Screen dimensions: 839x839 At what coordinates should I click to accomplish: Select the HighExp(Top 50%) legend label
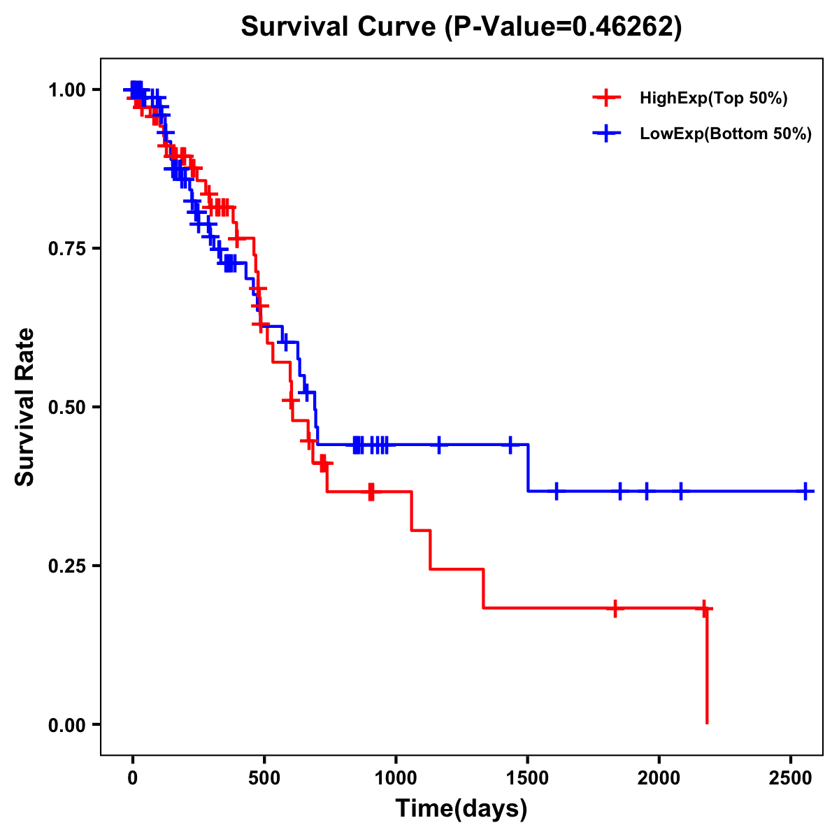(713, 99)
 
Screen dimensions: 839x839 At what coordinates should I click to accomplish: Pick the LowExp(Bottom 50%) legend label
(726, 134)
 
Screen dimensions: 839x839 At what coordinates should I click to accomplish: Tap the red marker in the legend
(607, 98)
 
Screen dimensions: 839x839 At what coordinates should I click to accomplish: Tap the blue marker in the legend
(607, 133)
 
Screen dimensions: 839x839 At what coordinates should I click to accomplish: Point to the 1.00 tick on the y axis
(67, 89)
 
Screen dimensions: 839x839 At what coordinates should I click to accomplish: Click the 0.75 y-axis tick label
(67, 248)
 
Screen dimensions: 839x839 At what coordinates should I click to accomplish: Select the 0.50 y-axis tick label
(67, 407)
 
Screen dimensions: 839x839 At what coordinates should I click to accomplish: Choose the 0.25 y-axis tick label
(67, 566)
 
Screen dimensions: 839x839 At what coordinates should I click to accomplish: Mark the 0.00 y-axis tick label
(67, 724)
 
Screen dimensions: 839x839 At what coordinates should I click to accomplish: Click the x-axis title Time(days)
(461, 809)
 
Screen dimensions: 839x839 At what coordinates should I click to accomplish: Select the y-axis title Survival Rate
(25, 407)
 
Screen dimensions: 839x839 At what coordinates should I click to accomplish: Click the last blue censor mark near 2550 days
(805, 492)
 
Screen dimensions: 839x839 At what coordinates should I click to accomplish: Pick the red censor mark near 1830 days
(615, 608)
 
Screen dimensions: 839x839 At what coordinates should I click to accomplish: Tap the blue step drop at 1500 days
(528, 468)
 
